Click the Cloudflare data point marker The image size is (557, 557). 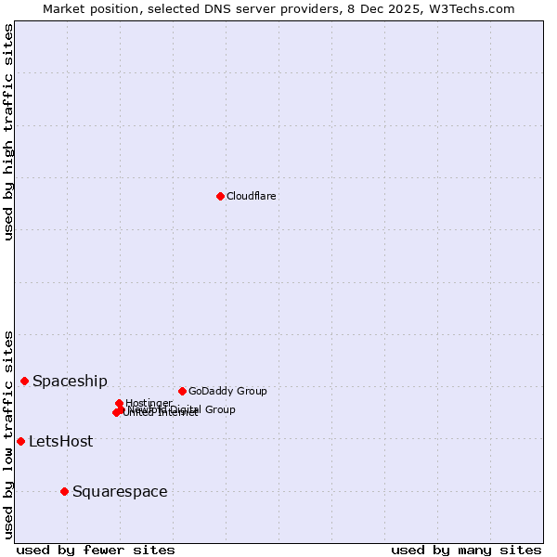pos(220,196)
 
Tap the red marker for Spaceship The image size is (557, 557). pos(25,381)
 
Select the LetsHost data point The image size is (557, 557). pos(20,441)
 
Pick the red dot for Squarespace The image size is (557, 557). pos(64,491)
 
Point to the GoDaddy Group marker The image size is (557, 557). pos(182,391)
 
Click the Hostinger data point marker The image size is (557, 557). pos(119,403)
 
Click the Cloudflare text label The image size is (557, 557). pos(252,196)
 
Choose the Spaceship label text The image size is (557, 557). pos(70,381)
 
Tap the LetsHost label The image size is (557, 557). pos(60,441)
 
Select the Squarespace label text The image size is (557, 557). pos(120,491)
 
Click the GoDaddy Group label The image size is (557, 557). pos(227,391)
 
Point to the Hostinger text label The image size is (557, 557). pos(149,403)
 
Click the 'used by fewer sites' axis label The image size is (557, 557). pos(96,550)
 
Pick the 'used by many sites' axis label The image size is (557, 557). pos(466,550)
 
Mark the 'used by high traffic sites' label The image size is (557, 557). pos(8,132)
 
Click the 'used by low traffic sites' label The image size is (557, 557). pos(8,434)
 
